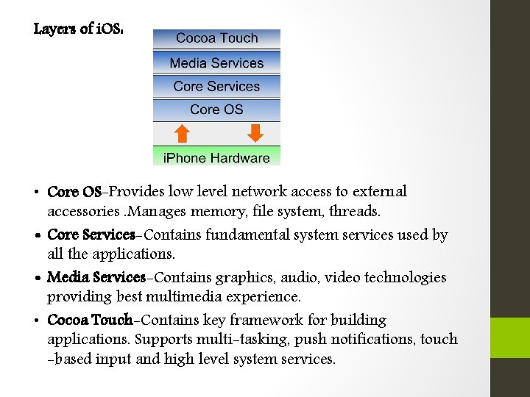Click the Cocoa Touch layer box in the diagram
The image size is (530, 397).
pyautogui.click(x=216, y=38)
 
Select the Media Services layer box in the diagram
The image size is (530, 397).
pyautogui.click(x=216, y=62)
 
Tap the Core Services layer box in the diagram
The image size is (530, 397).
pyautogui.click(x=216, y=86)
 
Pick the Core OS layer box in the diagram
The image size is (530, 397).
pyautogui.click(x=216, y=110)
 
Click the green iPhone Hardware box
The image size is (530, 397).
pyautogui.click(x=216, y=157)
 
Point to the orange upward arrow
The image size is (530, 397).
pyautogui.click(x=182, y=133)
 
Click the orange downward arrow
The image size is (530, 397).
pyautogui.click(x=255, y=133)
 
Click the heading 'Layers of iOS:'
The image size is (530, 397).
pyautogui.click(x=73, y=29)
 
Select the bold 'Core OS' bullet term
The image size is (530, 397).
pyautogui.click(x=74, y=192)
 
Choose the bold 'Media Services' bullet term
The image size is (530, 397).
pyautogui.click(x=96, y=278)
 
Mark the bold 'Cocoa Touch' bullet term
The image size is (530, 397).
pyautogui.click(x=90, y=321)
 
